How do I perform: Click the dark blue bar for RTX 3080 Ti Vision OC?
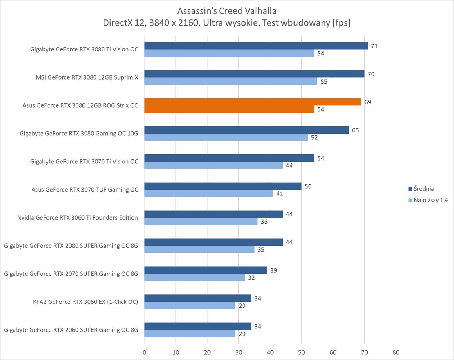[x=256, y=46]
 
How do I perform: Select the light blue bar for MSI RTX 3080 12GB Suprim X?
[x=230, y=81]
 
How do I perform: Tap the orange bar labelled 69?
[x=253, y=102]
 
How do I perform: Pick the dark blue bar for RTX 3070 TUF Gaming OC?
[x=223, y=186]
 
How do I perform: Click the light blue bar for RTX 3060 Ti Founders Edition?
[x=201, y=221]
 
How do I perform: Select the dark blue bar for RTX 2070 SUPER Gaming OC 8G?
[x=206, y=270]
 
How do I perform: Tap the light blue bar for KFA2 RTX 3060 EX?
[x=190, y=306]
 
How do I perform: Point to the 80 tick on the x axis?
[x=396, y=352]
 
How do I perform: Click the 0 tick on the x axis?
[x=144, y=352]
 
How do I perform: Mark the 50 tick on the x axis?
[x=301, y=352]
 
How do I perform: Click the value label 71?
[x=374, y=46]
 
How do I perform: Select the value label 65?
[x=355, y=130]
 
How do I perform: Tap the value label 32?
[x=251, y=278]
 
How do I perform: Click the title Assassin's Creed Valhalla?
[x=227, y=11]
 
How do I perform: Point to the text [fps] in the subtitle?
[x=341, y=23]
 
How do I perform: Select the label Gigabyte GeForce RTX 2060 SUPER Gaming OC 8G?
[x=71, y=330]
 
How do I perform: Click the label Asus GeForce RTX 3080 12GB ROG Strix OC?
[x=80, y=105]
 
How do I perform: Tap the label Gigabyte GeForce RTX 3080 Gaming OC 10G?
[x=79, y=134]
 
